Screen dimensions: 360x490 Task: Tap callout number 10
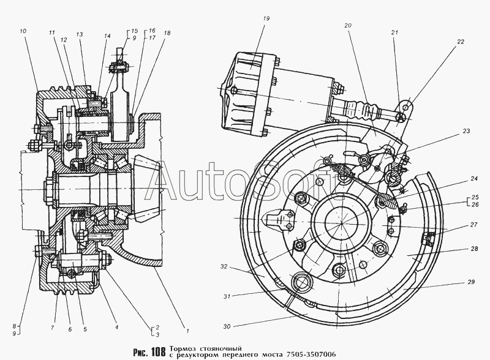pyautogui.click(x=23, y=30)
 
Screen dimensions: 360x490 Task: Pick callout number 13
pyautogui.click(x=80, y=36)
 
